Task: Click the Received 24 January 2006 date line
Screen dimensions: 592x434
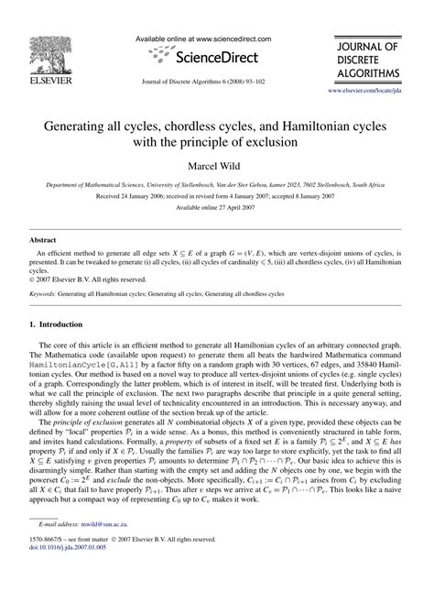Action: click(x=217, y=207)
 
